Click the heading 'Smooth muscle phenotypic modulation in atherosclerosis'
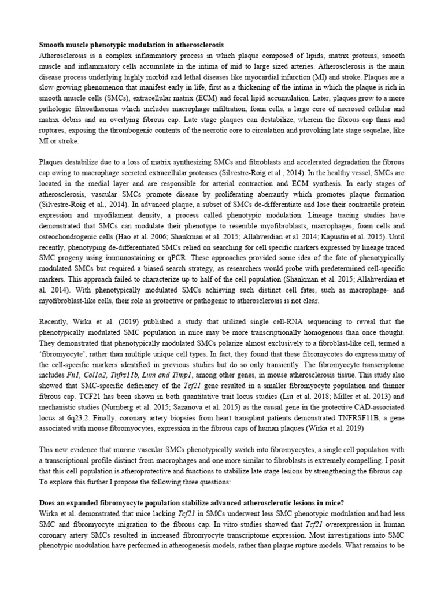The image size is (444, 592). (131, 45)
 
